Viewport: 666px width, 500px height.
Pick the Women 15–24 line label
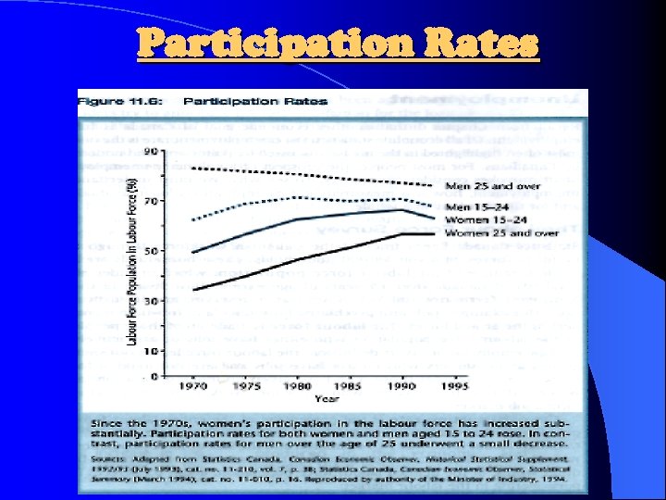[x=485, y=220]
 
